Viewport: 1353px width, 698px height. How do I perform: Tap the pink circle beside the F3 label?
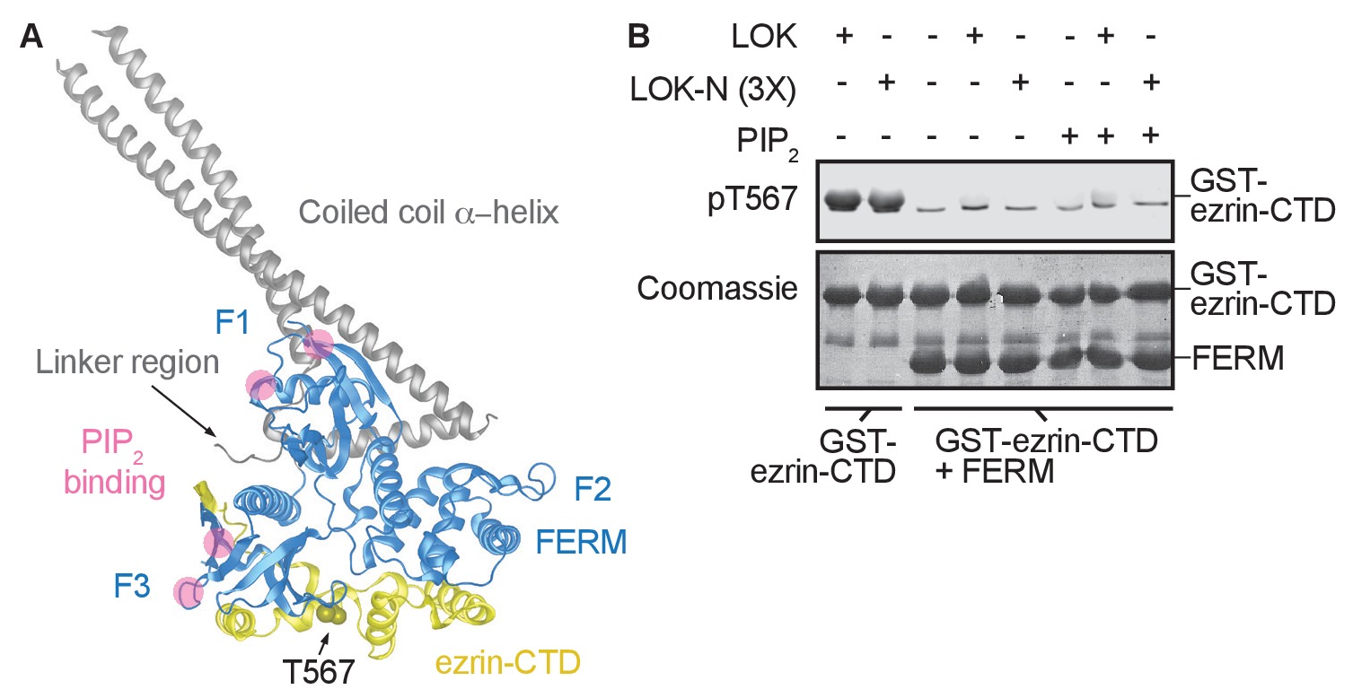(189, 592)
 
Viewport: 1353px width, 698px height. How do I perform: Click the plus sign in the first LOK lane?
(844, 37)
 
